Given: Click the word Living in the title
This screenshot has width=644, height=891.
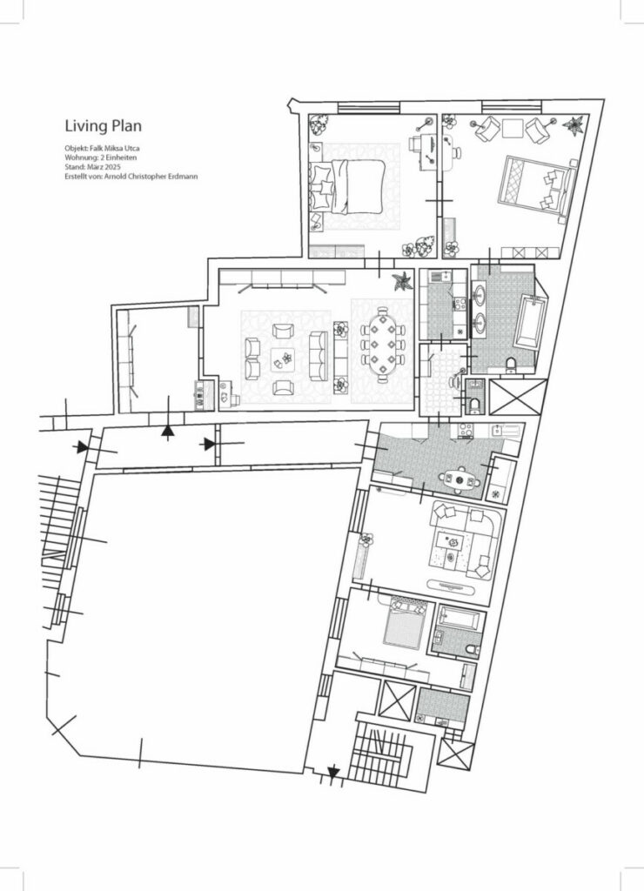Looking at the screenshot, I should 84,125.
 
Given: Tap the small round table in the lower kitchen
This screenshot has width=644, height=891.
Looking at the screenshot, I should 459,477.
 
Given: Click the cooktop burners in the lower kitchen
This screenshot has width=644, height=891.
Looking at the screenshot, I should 465,429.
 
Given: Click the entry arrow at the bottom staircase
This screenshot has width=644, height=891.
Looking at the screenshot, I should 333,771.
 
